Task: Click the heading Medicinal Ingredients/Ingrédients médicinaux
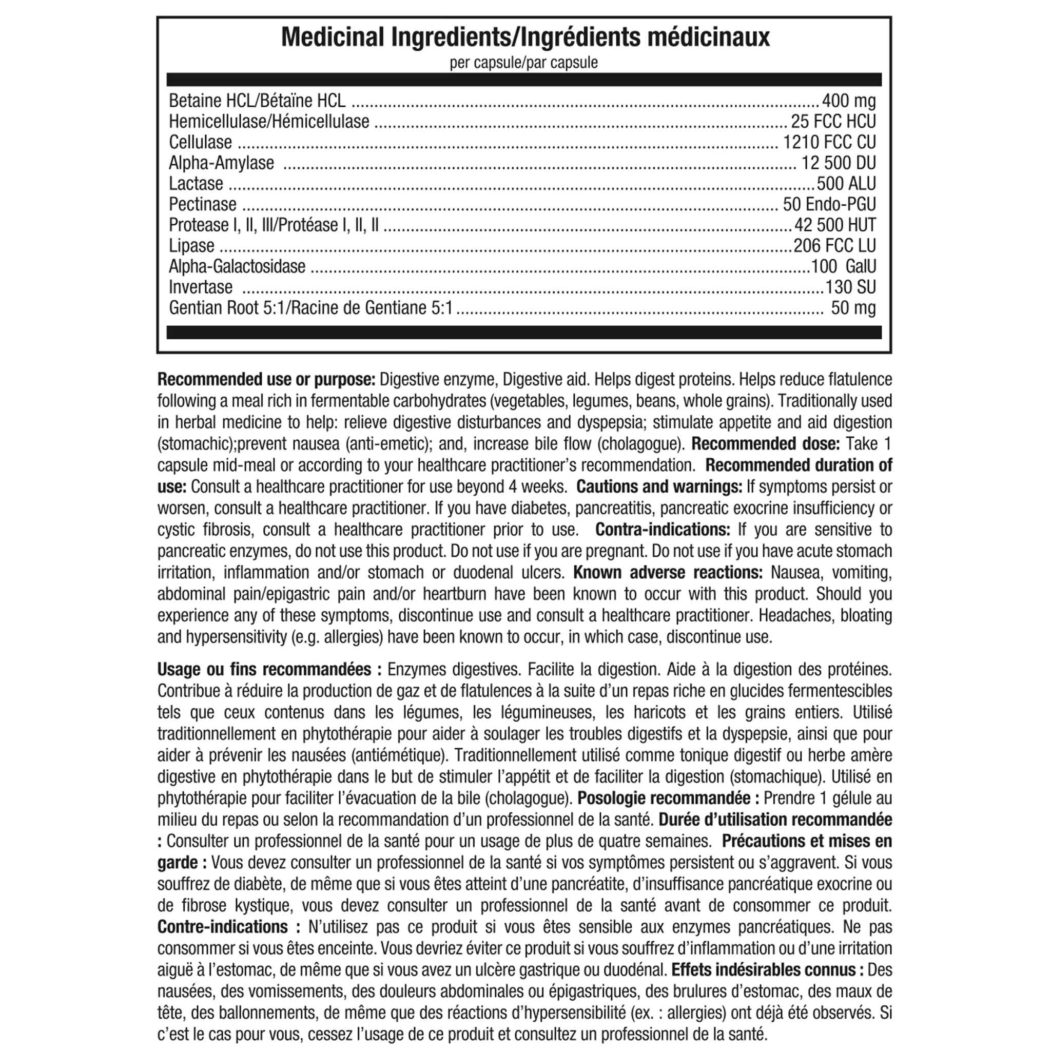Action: [525, 37]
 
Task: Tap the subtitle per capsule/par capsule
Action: [523, 63]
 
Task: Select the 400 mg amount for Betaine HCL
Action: [849, 101]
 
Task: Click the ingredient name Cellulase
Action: [200, 142]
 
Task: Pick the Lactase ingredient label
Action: [196, 183]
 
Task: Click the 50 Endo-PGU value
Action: [829, 204]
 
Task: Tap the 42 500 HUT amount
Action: [835, 225]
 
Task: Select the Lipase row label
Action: [191, 245]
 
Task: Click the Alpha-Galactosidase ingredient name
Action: [237, 266]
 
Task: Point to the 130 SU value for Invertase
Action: [850, 287]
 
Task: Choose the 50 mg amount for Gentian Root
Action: [853, 308]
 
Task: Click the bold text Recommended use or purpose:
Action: [266, 379]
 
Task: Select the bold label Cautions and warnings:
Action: [659, 486]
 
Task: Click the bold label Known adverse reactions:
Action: [668, 572]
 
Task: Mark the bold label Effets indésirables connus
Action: [768, 970]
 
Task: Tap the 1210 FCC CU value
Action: [829, 142]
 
